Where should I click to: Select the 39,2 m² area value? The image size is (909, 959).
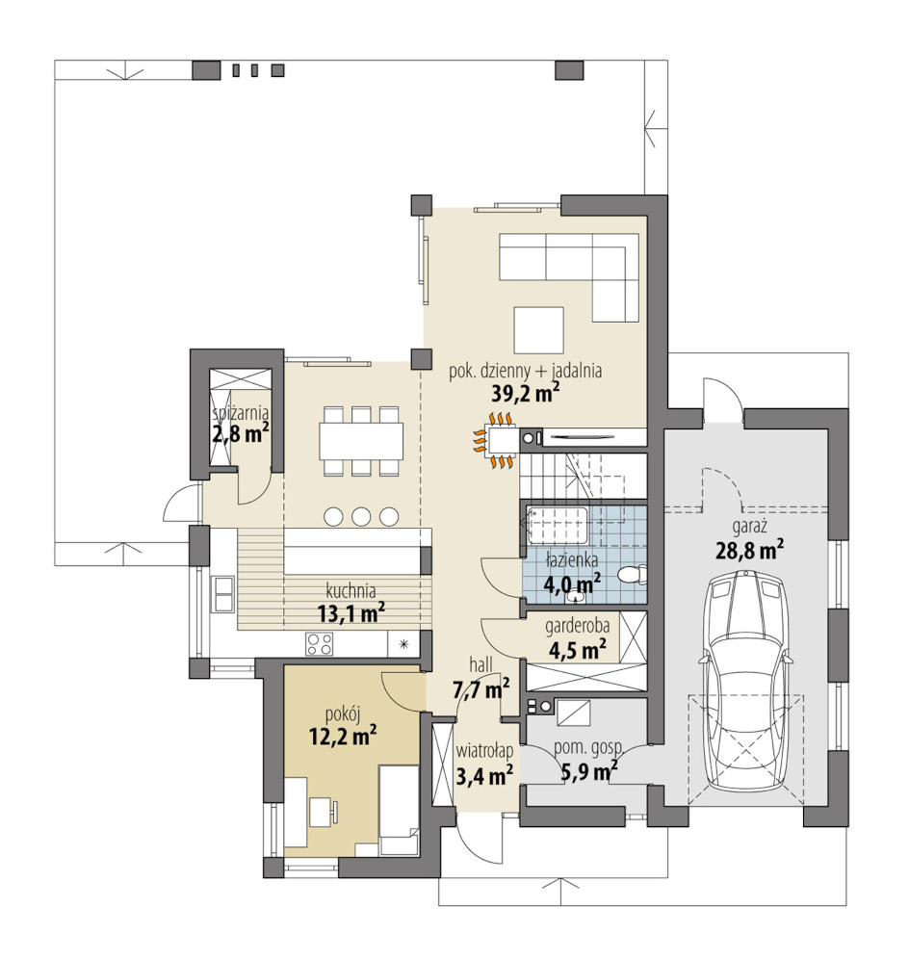click(526, 393)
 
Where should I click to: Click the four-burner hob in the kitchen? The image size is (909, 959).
click(320, 644)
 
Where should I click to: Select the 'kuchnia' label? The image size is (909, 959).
click(351, 591)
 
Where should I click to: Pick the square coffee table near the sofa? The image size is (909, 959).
click(539, 330)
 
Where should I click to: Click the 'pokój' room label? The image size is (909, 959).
click(343, 713)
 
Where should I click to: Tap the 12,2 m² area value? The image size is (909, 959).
click(343, 736)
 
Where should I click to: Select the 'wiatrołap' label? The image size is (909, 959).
click(483, 752)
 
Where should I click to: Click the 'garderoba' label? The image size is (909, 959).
click(577, 626)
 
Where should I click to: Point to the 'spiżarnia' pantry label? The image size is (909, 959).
click(240, 414)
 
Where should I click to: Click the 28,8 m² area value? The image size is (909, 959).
click(750, 551)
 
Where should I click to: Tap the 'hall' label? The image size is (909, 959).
click(480, 664)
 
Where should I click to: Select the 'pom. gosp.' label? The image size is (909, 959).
click(587, 747)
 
